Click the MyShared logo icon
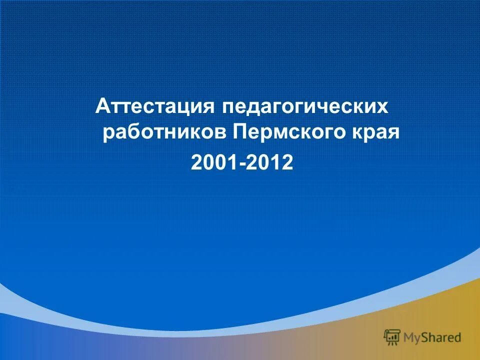[392, 337]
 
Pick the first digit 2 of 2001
[196, 162]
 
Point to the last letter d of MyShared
[457, 337]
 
